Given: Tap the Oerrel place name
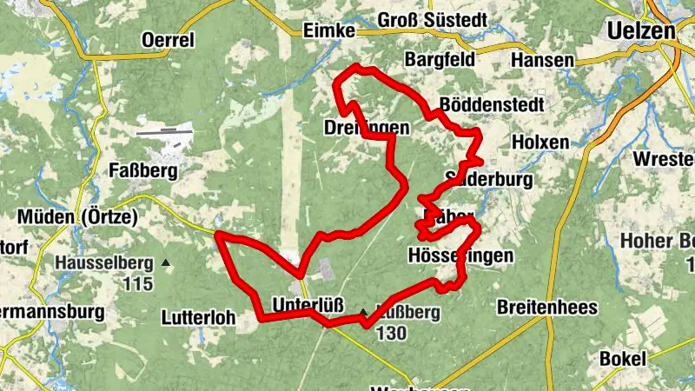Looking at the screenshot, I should (x=169, y=39).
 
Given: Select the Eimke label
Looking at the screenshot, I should (x=330, y=30).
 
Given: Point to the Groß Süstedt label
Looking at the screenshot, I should (x=427, y=19).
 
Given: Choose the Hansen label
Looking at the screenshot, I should (x=542, y=60).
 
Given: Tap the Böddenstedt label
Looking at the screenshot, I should (x=492, y=104).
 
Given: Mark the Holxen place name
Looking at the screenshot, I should (x=540, y=142).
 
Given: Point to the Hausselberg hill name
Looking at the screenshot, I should (x=103, y=262).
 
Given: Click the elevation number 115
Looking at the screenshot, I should (x=137, y=283).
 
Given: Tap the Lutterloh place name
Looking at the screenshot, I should (x=199, y=318).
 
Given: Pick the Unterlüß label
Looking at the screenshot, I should (x=308, y=305).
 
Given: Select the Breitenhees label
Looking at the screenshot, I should (x=546, y=307).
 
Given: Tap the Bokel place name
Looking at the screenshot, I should (x=623, y=358).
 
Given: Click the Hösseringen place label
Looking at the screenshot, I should (x=460, y=255).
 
